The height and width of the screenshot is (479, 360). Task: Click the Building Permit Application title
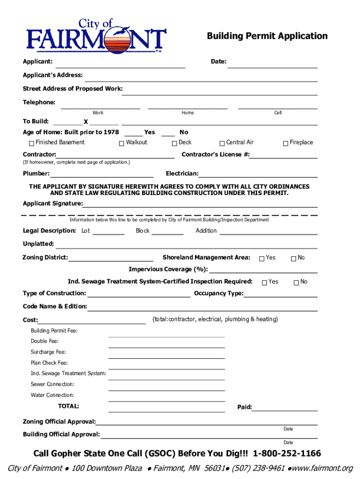[267, 36]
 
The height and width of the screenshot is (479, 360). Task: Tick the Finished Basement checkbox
[31, 143]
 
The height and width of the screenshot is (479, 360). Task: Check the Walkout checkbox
[122, 143]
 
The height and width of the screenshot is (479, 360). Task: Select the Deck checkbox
[174, 143]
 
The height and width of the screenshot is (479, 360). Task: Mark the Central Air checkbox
[222, 143]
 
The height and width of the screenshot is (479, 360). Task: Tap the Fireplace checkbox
[285, 143]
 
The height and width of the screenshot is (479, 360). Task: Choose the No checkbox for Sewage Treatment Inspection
[296, 282]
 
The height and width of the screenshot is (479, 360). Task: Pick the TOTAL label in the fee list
[68, 406]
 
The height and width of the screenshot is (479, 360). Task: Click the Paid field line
[285, 409]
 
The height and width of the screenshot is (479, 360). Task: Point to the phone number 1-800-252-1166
[287, 454]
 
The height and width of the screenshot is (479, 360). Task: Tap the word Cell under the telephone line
[278, 113]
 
